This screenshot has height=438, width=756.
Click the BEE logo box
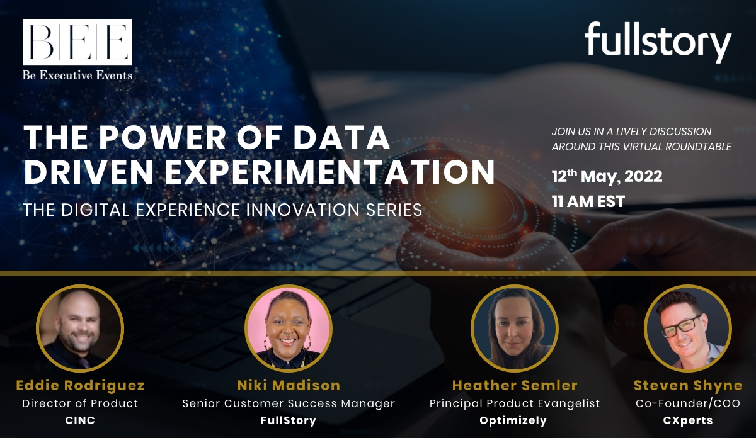click(77, 42)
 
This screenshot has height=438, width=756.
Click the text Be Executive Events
click(77, 75)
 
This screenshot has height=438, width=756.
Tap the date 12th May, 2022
click(607, 176)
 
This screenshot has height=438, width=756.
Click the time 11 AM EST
click(588, 201)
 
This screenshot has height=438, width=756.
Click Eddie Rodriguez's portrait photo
click(80, 328)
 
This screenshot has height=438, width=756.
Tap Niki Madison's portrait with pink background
click(289, 328)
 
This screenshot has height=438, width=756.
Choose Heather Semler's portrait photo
click(514, 328)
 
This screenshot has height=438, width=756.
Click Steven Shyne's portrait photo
click(688, 328)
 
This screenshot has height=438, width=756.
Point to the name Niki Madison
click(289, 385)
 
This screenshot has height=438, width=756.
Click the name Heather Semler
click(515, 385)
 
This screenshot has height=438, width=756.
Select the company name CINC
click(80, 420)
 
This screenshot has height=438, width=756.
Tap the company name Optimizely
click(513, 421)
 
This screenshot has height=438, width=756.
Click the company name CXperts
click(688, 421)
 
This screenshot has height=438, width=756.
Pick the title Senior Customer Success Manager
click(289, 403)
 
